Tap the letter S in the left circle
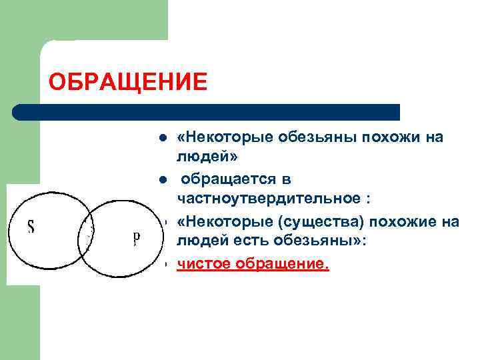tap(31, 227)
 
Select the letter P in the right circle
tap(136, 238)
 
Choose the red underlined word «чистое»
tap(204, 265)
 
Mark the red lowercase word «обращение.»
tap(282, 265)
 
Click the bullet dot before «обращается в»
tap(161, 180)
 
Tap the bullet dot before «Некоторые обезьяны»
tap(161, 138)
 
